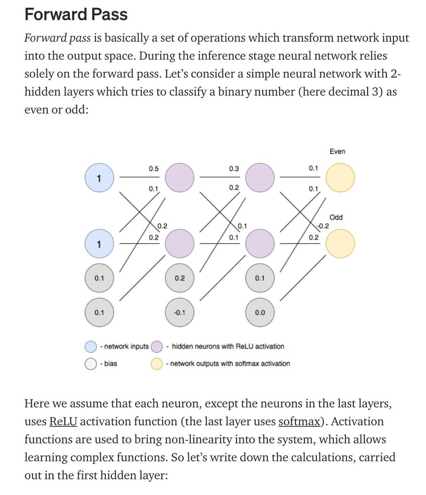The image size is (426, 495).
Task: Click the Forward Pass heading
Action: [x=76, y=15]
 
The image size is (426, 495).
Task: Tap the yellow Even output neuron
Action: [x=340, y=178]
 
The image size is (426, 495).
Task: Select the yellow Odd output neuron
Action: [x=340, y=243]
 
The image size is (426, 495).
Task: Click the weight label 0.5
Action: [x=154, y=169]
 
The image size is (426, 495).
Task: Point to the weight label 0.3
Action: [x=234, y=169]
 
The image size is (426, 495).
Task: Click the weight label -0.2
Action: [x=323, y=226]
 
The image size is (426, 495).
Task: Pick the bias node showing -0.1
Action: [x=179, y=312]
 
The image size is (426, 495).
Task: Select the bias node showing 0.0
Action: [x=260, y=312]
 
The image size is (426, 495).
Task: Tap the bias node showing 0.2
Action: [x=179, y=278]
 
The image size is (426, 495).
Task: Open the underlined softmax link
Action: [x=299, y=422]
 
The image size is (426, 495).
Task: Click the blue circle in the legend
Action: [x=91, y=346]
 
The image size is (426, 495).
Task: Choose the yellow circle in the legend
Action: [x=157, y=364]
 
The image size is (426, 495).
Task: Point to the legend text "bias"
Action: [x=111, y=364]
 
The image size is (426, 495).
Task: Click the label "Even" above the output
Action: [x=337, y=151]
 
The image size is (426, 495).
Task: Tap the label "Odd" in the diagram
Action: [x=336, y=217]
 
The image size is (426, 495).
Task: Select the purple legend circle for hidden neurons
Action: [x=157, y=346]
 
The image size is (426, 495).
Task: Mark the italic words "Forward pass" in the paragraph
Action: [x=57, y=38]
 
